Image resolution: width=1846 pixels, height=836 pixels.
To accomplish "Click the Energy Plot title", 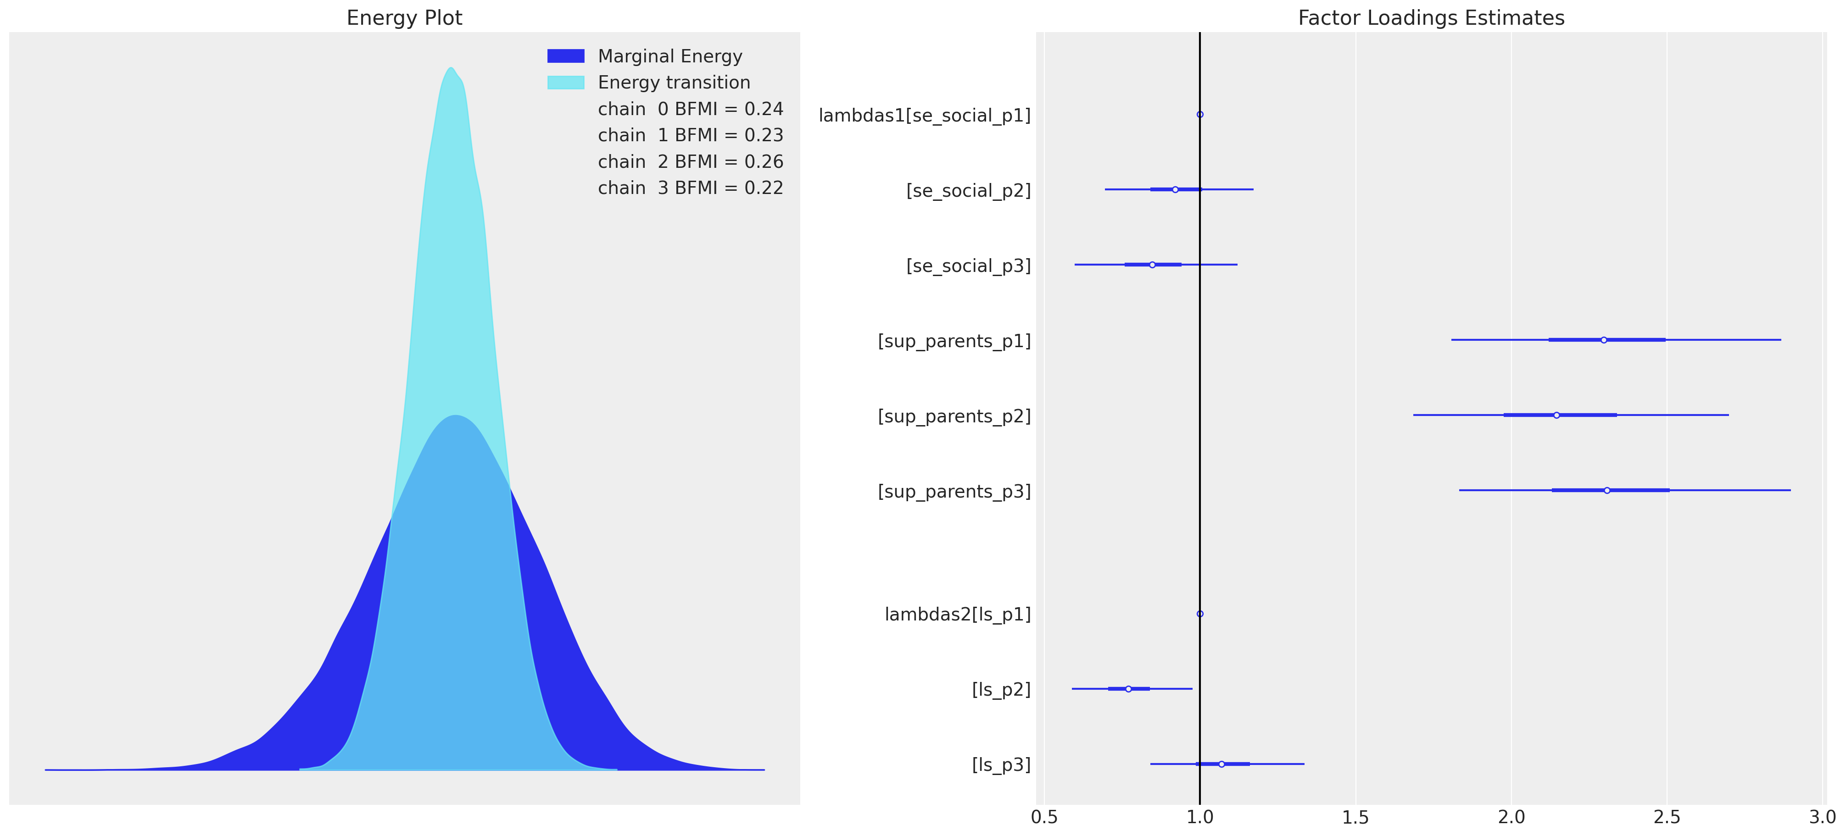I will tap(404, 18).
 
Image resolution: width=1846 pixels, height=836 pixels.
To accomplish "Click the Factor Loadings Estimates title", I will tap(1431, 18).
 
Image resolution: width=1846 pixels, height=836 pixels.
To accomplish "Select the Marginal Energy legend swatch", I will tap(565, 56).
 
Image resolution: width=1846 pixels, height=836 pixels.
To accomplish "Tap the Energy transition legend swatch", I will tap(565, 83).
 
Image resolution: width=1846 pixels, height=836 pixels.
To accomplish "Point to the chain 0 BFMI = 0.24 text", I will tap(690, 109).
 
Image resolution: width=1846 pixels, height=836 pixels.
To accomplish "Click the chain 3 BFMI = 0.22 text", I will tap(690, 188).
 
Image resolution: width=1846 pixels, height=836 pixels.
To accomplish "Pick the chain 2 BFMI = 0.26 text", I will tap(690, 162).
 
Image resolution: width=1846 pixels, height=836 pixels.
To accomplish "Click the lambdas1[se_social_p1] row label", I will tap(925, 116).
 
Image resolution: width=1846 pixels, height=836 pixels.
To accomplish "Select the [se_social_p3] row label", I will tap(968, 266).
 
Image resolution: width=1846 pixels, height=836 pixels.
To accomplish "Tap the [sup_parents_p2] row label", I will tap(954, 416).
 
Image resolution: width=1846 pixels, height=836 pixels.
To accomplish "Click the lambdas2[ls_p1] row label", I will tap(957, 615).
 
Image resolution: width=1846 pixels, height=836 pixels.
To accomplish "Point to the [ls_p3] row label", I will tap(1001, 765).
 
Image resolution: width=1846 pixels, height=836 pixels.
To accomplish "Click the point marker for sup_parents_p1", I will tap(1604, 339).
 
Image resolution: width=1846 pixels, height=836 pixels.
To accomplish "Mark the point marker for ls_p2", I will tap(1128, 688).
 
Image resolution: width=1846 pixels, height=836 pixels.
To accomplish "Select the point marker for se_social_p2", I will tap(1175, 189).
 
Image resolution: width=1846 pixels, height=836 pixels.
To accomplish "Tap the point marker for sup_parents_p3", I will tap(1606, 490).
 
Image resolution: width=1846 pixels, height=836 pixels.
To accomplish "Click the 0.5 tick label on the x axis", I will tap(1044, 817).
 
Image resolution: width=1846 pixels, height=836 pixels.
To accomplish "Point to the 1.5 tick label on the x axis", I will tap(1355, 817).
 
